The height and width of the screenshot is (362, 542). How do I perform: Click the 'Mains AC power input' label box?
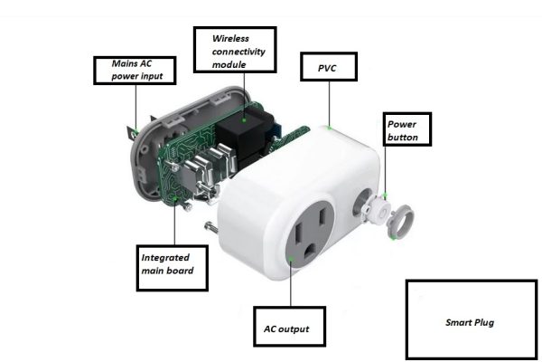(x=137, y=70)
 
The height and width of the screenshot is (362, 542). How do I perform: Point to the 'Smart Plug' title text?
(x=471, y=322)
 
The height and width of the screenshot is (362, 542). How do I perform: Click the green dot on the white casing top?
(x=332, y=129)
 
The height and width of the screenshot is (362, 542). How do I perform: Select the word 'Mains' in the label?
(x=125, y=63)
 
